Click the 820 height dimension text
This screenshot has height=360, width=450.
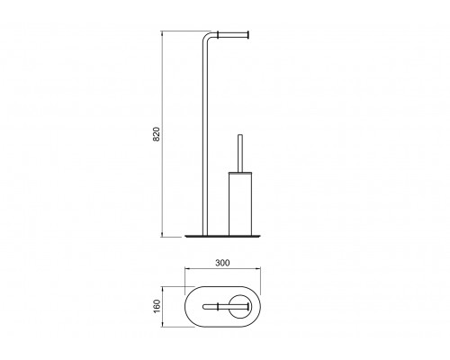coord(157,134)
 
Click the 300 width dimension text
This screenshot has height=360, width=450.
coord(222,263)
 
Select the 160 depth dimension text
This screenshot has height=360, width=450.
coord(157,306)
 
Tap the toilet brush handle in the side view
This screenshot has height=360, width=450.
coord(240,153)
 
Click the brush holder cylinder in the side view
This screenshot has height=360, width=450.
coord(240,205)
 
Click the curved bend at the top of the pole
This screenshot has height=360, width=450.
coord(208,36)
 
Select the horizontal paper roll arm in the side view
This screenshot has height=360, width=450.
coord(232,35)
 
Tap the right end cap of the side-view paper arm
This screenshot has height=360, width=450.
coord(248,35)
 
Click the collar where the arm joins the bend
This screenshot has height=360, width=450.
coord(219,35)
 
